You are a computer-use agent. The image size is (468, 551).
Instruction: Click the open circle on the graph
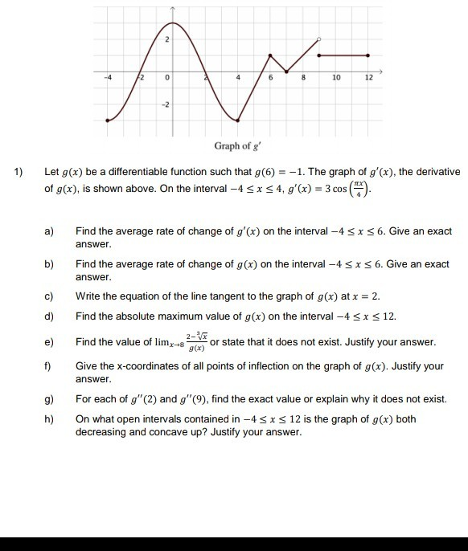pos(319,39)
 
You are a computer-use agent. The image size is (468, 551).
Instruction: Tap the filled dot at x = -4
pos(109,120)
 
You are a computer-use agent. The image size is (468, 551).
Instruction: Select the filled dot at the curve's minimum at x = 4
pos(237,120)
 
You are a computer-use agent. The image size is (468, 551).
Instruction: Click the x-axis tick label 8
pos(302,79)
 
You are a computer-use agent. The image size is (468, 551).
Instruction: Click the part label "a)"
pos(49,231)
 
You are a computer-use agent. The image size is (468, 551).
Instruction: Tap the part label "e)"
pos(49,342)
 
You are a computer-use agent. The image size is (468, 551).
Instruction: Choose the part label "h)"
pos(49,419)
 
